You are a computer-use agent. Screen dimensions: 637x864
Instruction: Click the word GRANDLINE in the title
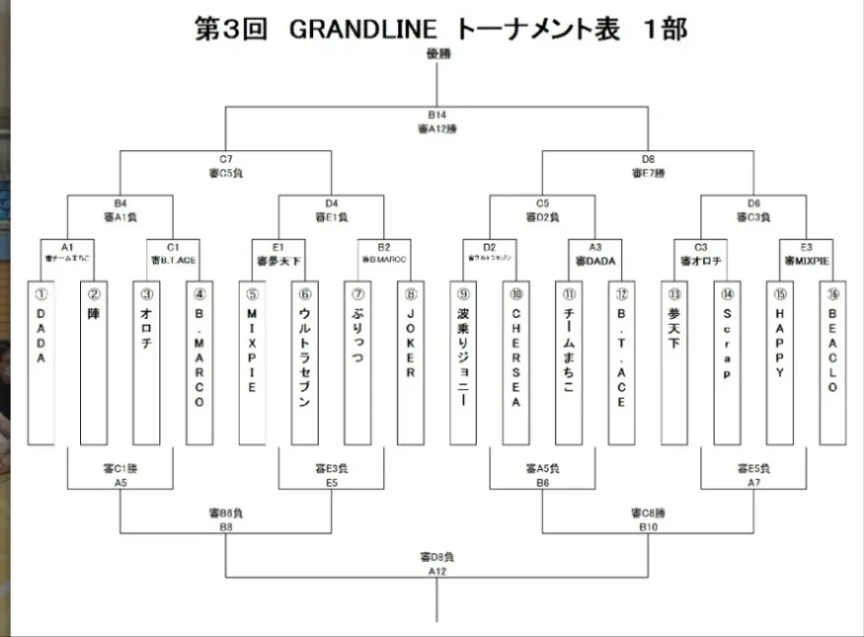[364, 30]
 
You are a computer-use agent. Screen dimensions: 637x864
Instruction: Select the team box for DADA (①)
[40, 363]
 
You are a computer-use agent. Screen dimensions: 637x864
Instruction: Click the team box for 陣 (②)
[94, 363]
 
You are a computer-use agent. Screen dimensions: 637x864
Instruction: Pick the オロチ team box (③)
[147, 363]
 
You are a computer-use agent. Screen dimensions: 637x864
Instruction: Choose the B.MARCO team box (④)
[199, 363]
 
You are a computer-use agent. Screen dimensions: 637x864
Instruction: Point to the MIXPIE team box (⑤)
[252, 363]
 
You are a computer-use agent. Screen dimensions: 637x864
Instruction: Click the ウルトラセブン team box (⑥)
[305, 363]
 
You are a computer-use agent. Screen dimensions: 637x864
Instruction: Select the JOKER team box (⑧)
[411, 363]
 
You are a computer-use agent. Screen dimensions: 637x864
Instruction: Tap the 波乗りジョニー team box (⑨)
[463, 363]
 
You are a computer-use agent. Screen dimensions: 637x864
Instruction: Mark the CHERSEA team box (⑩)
[516, 363]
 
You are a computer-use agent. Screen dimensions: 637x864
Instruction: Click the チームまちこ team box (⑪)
[569, 363]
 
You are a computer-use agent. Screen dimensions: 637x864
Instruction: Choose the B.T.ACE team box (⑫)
[621, 363]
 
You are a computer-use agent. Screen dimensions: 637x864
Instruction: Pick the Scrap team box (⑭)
[727, 363]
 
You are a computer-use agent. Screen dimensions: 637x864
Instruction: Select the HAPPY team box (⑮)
[780, 363]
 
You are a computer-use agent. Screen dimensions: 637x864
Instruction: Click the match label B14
[437, 115]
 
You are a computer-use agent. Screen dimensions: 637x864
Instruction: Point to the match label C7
[225, 159]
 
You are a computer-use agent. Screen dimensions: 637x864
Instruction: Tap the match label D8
[648, 159]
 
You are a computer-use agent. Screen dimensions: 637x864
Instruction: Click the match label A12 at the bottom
[437, 571]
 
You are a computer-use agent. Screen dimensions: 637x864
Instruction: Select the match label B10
[648, 526]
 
